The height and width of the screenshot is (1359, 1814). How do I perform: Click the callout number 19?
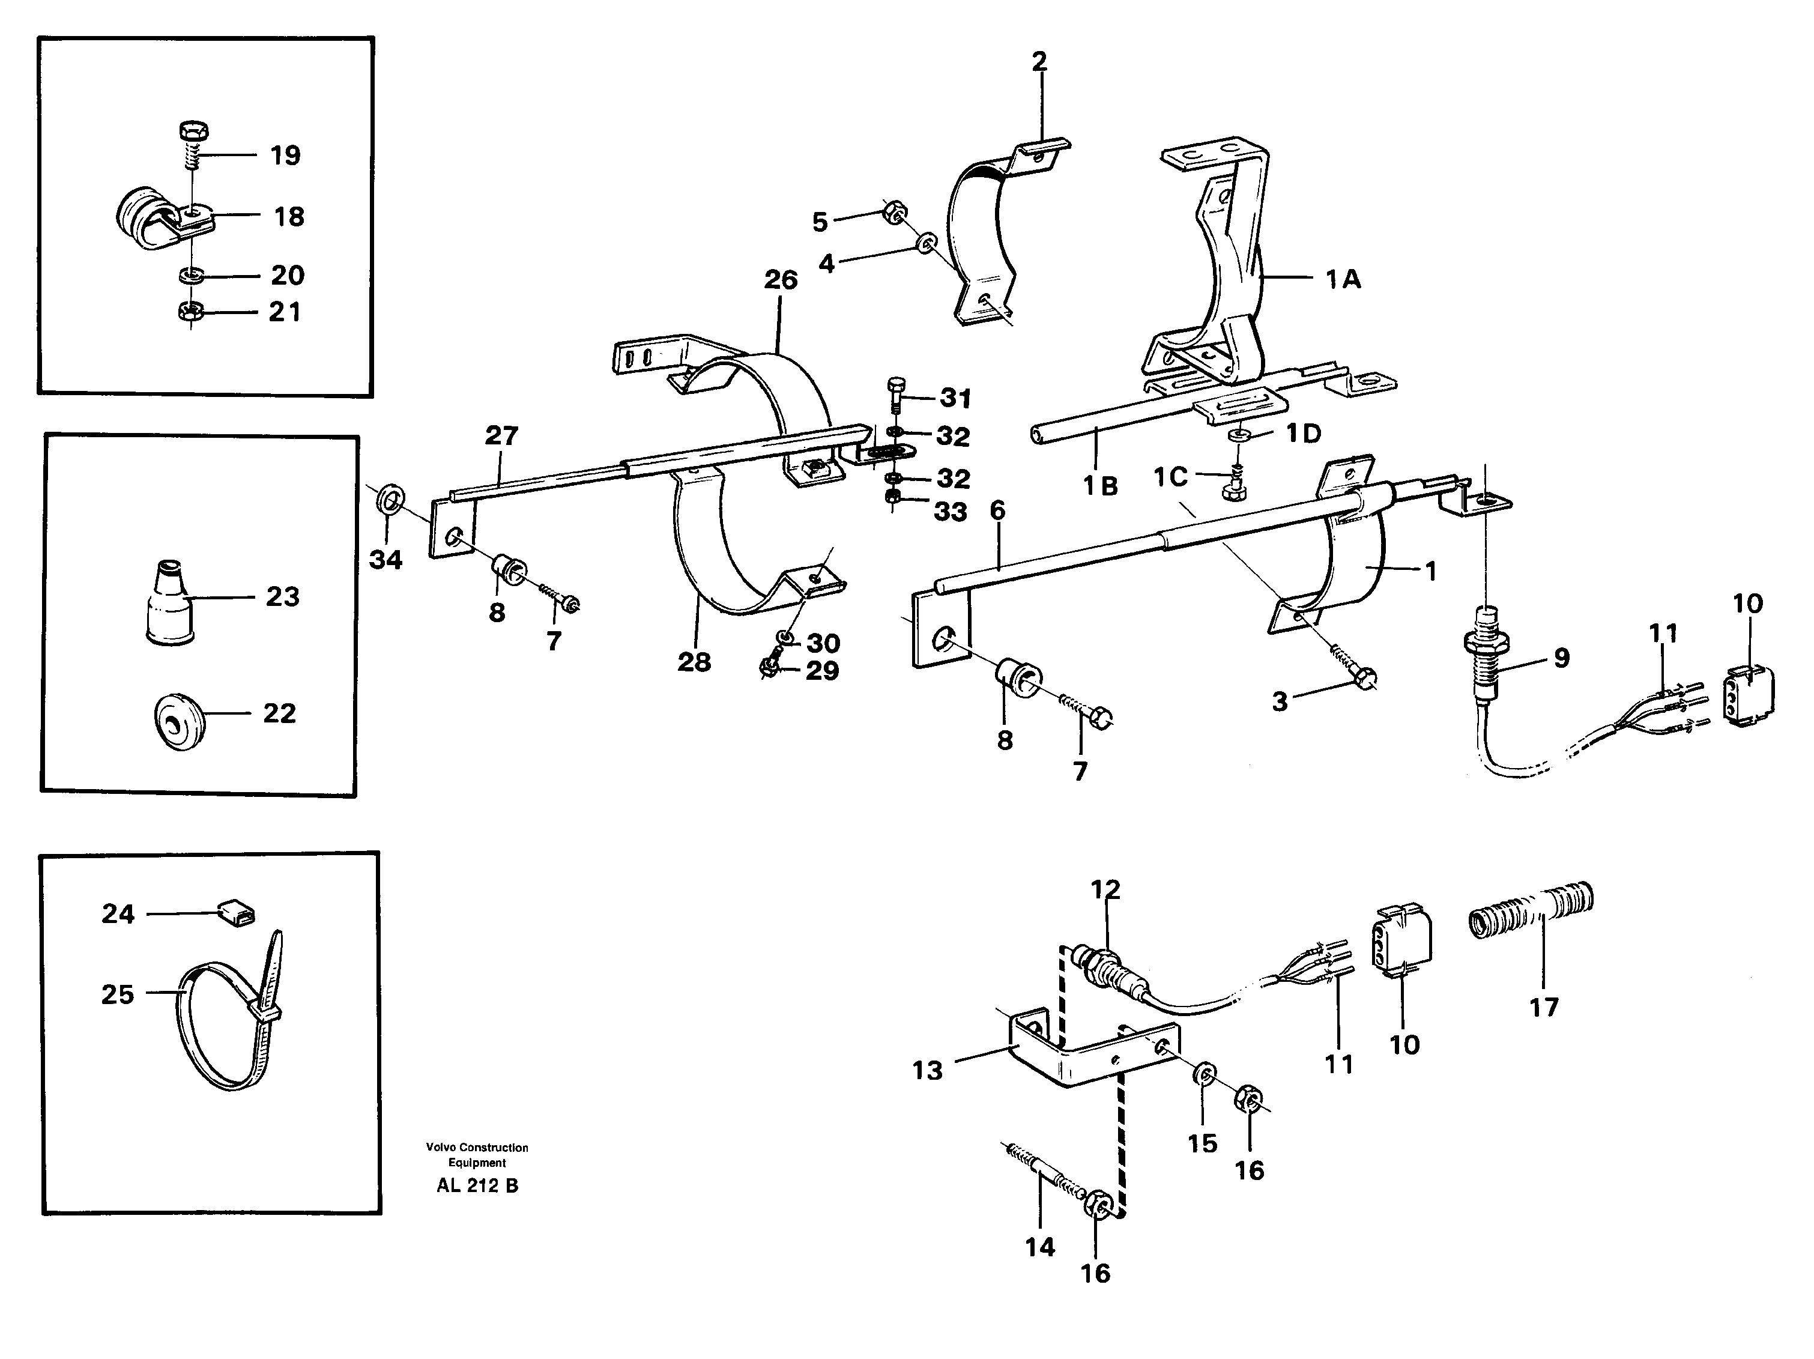[x=285, y=155]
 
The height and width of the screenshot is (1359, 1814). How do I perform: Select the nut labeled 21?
[x=191, y=312]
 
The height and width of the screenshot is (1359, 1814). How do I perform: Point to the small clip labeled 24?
[x=236, y=910]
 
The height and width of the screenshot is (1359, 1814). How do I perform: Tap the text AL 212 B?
[x=477, y=1185]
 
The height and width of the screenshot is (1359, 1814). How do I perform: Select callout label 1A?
[x=1343, y=280]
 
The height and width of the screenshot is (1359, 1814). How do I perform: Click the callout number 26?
[x=780, y=280]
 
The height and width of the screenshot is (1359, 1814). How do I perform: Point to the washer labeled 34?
[x=390, y=498]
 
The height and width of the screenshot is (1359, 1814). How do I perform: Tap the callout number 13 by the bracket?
[x=928, y=1070]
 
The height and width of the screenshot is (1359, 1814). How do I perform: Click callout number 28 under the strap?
[x=694, y=662]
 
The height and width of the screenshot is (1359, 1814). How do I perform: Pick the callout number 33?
[x=951, y=512]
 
